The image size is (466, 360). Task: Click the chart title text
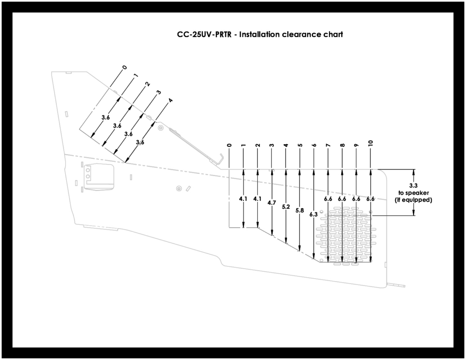tap(260, 34)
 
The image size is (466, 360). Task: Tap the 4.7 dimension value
tap(271, 203)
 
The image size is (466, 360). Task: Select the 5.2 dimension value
tap(285, 207)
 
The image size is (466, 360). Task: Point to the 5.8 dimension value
tap(300, 210)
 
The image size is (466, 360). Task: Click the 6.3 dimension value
tap(314, 214)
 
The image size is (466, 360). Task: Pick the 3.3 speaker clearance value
tap(413, 186)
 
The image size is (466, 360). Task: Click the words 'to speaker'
tap(413, 193)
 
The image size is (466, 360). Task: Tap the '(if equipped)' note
tap(413, 199)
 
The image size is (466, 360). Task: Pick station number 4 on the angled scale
tap(170, 101)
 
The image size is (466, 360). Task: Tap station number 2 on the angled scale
tap(147, 84)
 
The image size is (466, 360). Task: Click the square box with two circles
tap(89, 174)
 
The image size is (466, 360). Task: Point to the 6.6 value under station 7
tap(328, 199)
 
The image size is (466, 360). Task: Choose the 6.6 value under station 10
tap(370, 199)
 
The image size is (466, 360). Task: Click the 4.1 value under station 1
tap(243, 199)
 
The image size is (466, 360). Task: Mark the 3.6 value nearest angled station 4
tap(140, 142)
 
